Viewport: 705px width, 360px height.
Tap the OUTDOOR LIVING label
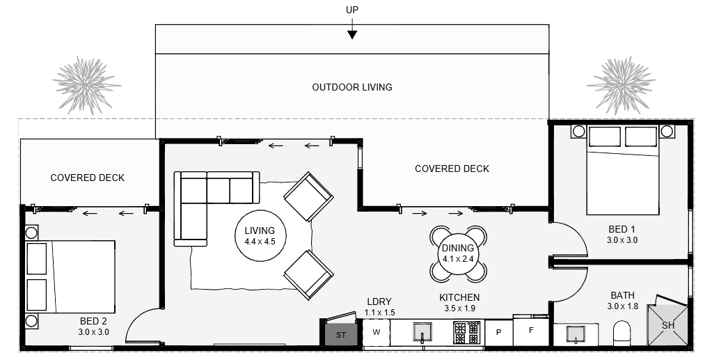[352, 87]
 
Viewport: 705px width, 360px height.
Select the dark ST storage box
[340, 334]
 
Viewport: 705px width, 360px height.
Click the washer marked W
[377, 333]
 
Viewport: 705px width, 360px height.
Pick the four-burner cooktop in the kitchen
[466, 333]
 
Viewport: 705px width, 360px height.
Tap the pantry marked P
[498, 333]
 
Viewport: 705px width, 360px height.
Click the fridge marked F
[531, 330]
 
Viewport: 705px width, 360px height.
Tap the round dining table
[458, 253]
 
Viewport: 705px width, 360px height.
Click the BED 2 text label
[93, 321]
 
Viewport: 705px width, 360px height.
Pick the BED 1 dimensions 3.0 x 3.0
[622, 240]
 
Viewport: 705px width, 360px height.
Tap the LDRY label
[379, 302]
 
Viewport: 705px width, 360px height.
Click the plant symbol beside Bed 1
[621, 85]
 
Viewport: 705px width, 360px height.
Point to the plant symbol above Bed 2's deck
[87, 85]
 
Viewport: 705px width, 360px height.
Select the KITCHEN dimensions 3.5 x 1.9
[459, 308]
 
